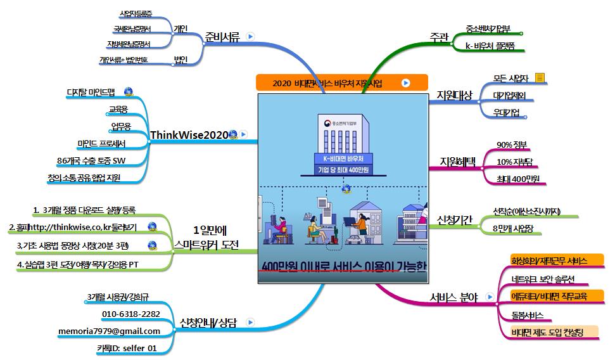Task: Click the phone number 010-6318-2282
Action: click(130, 314)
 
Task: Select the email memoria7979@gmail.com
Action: click(109, 331)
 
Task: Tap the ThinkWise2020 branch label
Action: click(189, 134)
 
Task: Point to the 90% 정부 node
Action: click(512, 145)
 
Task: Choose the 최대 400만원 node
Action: click(518, 179)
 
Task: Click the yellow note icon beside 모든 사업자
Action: click(539, 78)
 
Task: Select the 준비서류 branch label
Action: click(222, 37)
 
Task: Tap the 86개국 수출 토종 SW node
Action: click(91, 160)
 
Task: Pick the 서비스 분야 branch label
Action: click(453, 297)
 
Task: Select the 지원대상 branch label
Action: click(454, 95)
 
